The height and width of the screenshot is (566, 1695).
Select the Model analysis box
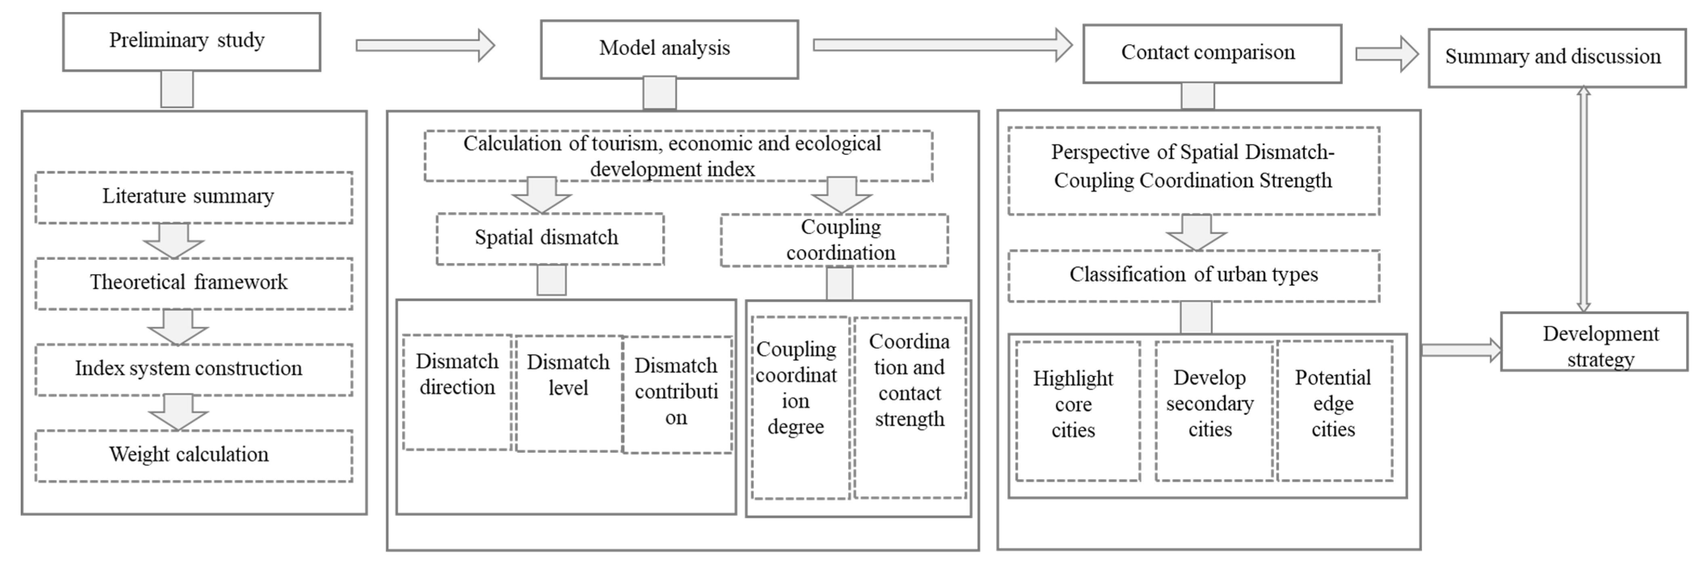coord(669,49)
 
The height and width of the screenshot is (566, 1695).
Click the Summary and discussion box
coord(1556,58)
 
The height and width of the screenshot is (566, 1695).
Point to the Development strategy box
coord(1593,342)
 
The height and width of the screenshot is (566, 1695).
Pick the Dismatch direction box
coord(457,393)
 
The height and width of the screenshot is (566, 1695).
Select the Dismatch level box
coord(568,393)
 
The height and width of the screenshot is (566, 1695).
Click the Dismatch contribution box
coord(676,395)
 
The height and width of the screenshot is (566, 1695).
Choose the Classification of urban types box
coord(1194,276)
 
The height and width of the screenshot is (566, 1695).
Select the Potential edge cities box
coord(1334,410)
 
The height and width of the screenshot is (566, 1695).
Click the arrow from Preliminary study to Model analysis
coord(425,45)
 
